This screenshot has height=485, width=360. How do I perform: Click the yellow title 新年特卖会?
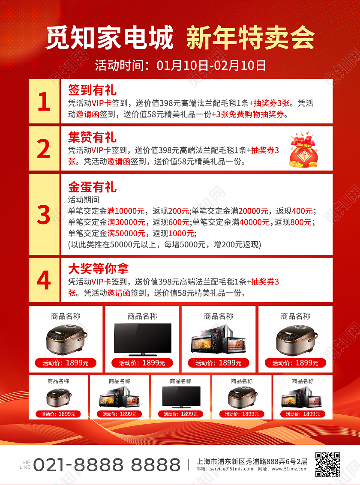click(x=250, y=38)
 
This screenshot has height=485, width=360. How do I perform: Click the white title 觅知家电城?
click(x=110, y=38)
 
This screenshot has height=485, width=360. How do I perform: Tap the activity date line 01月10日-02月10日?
click(x=211, y=66)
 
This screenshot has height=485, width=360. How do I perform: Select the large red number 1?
click(x=44, y=102)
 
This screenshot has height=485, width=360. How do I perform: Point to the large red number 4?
click(x=44, y=280)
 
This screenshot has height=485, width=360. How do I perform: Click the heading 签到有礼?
click(x=92, y=90)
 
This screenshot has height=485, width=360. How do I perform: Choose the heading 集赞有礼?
click(x=92, y=137)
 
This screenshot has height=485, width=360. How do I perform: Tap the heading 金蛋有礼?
click(x=92, y=187)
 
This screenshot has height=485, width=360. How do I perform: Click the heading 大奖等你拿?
click(x=98, y=269)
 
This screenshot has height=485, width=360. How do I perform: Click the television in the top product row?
click(x=142, y=339)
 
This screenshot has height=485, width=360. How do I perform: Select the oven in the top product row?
click(x=219, y=339)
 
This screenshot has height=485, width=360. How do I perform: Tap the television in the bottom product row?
click(x=181, y=397)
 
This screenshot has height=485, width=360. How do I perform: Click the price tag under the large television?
click(x=142, y=363)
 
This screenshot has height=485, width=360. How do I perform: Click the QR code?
click(x=327, y=464)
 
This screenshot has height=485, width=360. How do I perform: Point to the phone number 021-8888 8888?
click(x=107, y=464)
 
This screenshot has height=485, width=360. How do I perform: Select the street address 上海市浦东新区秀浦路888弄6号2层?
click(x=252, y=461)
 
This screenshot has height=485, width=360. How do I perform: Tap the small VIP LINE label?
click(x=25, y=464)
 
